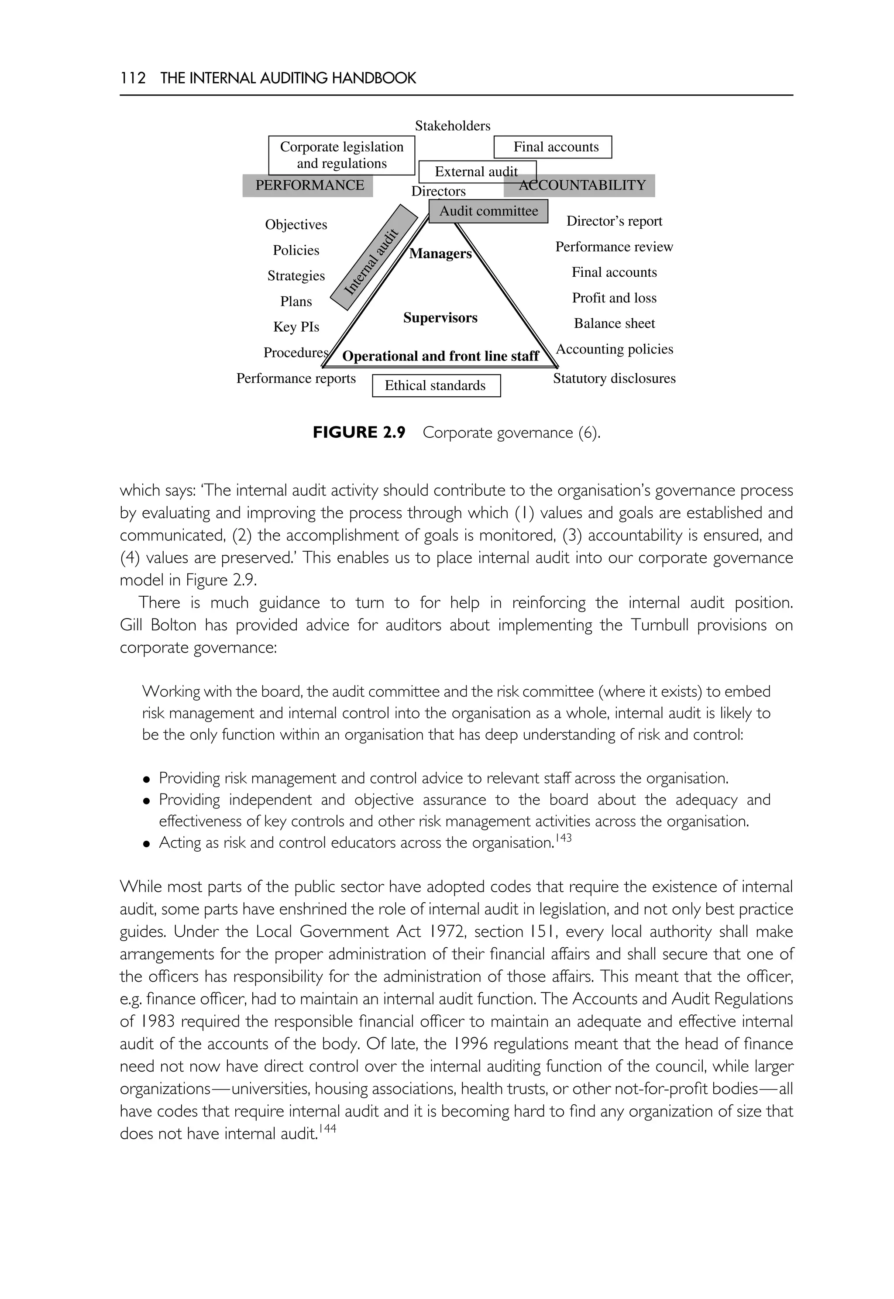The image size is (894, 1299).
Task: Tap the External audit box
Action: tap(477, 172)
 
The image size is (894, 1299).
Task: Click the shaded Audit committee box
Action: tap(488, 211)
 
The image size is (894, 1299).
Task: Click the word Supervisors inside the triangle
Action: tap(440, 318)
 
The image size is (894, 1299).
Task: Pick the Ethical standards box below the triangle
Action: tap(435, 385)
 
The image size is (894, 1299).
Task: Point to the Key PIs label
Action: tap(296, 326)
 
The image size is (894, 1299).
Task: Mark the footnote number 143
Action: tap(564, 838)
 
